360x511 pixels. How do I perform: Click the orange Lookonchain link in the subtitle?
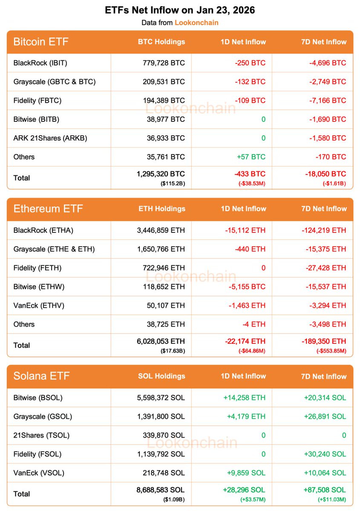pyautogui.click(x=196, y=23)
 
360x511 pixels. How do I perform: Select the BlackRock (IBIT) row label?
pyautogui.click(x=40, y=63)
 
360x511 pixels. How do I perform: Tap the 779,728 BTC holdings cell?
pyautogui.click(x=164, y=63)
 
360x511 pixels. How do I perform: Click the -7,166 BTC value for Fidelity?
pyautogui.click(x=328, y=100)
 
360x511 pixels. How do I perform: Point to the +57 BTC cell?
pyautogui.click(x=251, y=157)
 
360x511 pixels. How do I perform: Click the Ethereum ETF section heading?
pyautogui.click(x=48, y=209)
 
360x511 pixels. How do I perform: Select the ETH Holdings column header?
pyautogui.click(x=162, y=209)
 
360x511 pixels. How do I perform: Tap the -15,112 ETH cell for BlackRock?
pyautogui.click(x=245, y=230)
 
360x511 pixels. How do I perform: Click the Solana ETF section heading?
pyautogui.click(x=41, y=376)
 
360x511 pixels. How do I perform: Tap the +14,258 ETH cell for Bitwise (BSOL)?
pyautogui.click(x=244, y=398)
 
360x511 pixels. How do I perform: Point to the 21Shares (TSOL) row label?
pyautogui.click(x=41, y=435)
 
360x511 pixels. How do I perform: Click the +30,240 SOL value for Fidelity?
pyautogui.click(x=325, y=454)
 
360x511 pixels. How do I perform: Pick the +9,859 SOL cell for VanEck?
pyautogui.click(x=245, y=473)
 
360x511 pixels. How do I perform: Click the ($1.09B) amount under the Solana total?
pyautogui.click(x=173, y=499)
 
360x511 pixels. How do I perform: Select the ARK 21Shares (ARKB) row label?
pyautogui.click(x=50, y=138)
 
